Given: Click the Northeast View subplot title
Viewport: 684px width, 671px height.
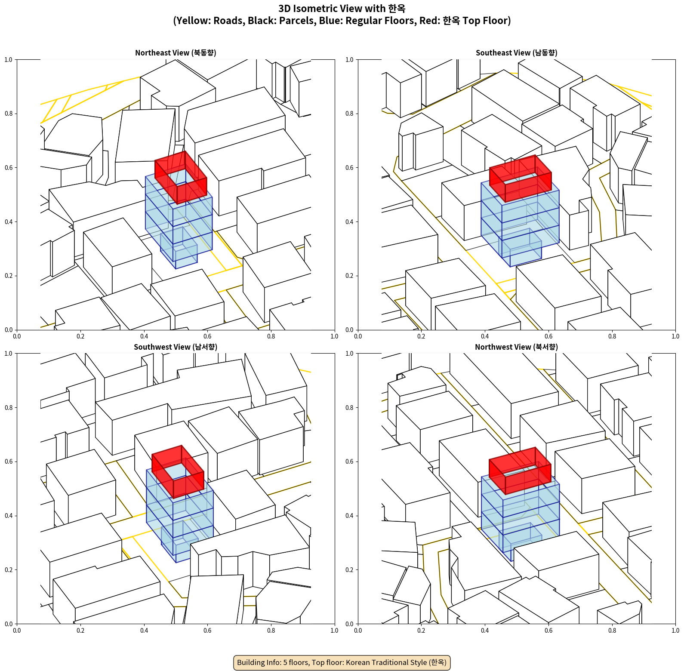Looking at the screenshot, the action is point(176,53).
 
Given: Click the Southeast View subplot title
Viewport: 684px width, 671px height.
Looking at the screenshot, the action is point(516,53).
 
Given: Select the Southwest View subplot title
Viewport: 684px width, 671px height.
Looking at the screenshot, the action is point(176,347).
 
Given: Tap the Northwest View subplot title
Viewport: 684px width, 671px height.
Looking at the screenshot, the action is point(516,347).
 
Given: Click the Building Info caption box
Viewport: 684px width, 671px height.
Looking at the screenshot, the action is point(342,662).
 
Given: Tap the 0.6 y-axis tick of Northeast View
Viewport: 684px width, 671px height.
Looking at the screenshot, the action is point(9,168).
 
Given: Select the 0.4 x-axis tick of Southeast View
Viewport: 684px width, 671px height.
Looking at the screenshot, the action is point(485,336).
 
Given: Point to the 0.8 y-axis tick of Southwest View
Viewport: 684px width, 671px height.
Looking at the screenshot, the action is point(9,407).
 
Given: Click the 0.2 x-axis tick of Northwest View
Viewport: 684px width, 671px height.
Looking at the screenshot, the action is point(421,631).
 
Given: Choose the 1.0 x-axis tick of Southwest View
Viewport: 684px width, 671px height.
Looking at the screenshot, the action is point(334,631).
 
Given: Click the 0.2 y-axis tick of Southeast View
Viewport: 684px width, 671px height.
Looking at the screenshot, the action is point(349,276).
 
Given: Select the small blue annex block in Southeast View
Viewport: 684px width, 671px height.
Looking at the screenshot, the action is point(520,248).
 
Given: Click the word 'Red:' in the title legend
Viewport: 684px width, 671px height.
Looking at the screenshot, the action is point(430,21).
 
